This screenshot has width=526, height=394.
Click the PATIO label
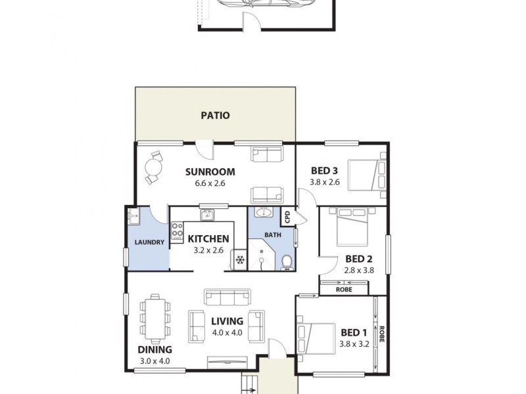click(215, 116)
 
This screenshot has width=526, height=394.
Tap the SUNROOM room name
click(210, 172)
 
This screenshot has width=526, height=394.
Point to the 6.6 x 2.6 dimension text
click(210, 183)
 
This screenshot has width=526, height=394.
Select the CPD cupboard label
click(287, 217)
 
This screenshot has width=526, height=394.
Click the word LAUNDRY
click(149, 242)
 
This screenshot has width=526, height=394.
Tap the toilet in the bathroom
click(286, 261)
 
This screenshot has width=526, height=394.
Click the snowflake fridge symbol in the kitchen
click(240, 261)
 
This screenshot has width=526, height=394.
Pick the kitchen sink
click(207, 214)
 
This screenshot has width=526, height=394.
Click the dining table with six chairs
click(156, 317)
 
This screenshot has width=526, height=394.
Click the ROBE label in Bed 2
click(343, 289)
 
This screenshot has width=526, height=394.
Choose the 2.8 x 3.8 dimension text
click(359, 269)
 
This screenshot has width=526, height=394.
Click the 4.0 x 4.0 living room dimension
click(227, 333)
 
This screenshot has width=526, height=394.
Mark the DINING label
click(155, 349)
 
